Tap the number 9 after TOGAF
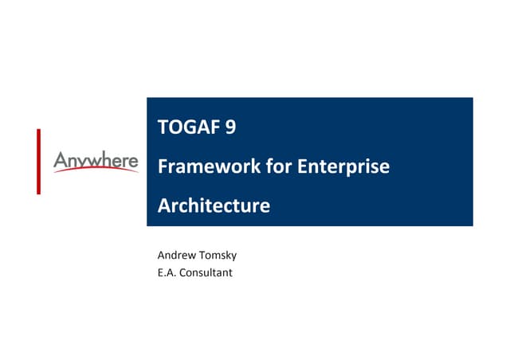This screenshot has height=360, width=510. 230,128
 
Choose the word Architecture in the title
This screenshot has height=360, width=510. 214,206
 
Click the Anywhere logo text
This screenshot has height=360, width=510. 96,161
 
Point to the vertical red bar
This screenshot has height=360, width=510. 37,161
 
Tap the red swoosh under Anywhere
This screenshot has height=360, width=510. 96,171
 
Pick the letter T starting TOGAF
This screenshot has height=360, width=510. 163,128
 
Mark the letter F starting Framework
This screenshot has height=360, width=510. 163,167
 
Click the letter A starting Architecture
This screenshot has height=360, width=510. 164,206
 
